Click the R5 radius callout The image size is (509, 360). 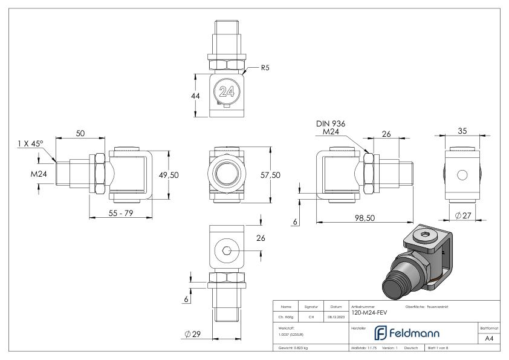click(x=265, y=68)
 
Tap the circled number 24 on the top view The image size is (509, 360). click(x=228, y=92)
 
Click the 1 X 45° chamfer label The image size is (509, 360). click(x=30, y=144)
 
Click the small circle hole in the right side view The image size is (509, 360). click(x=462, y=175)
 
